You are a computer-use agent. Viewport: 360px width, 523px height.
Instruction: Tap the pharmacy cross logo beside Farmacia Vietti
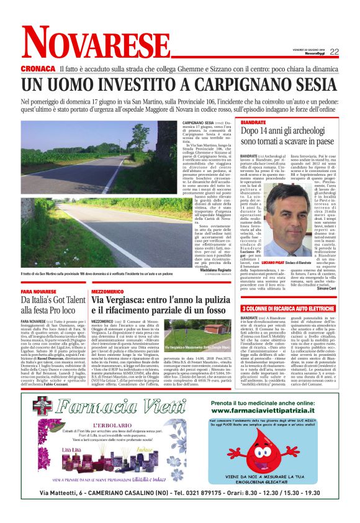point(42,407)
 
